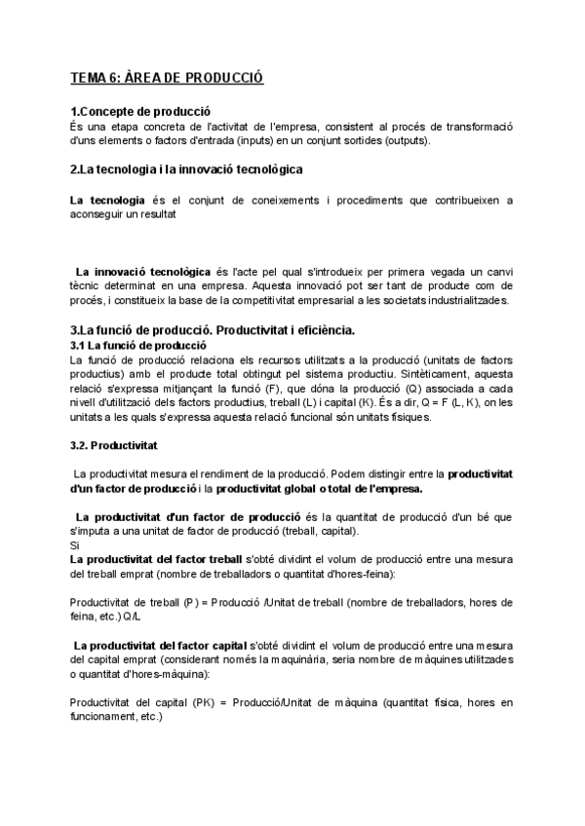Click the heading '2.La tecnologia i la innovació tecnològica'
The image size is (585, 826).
[186, 169]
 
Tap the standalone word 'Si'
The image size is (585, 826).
[75, 546]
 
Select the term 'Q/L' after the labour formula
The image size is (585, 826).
[136, 617]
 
